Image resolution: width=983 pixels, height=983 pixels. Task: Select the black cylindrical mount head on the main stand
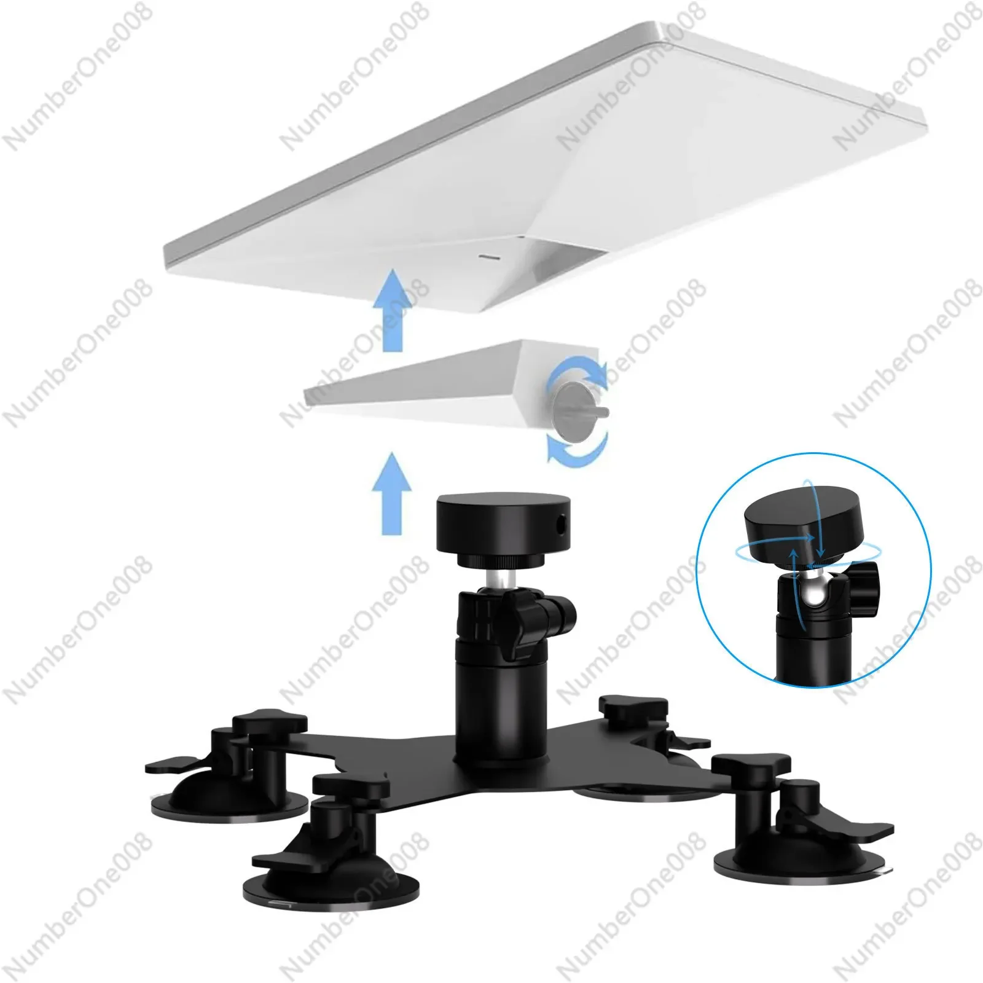[x=502, y=526]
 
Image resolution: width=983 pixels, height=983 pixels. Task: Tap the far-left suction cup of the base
[x=230, y=799]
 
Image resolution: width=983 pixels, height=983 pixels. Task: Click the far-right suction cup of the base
[x=799, y=851]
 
